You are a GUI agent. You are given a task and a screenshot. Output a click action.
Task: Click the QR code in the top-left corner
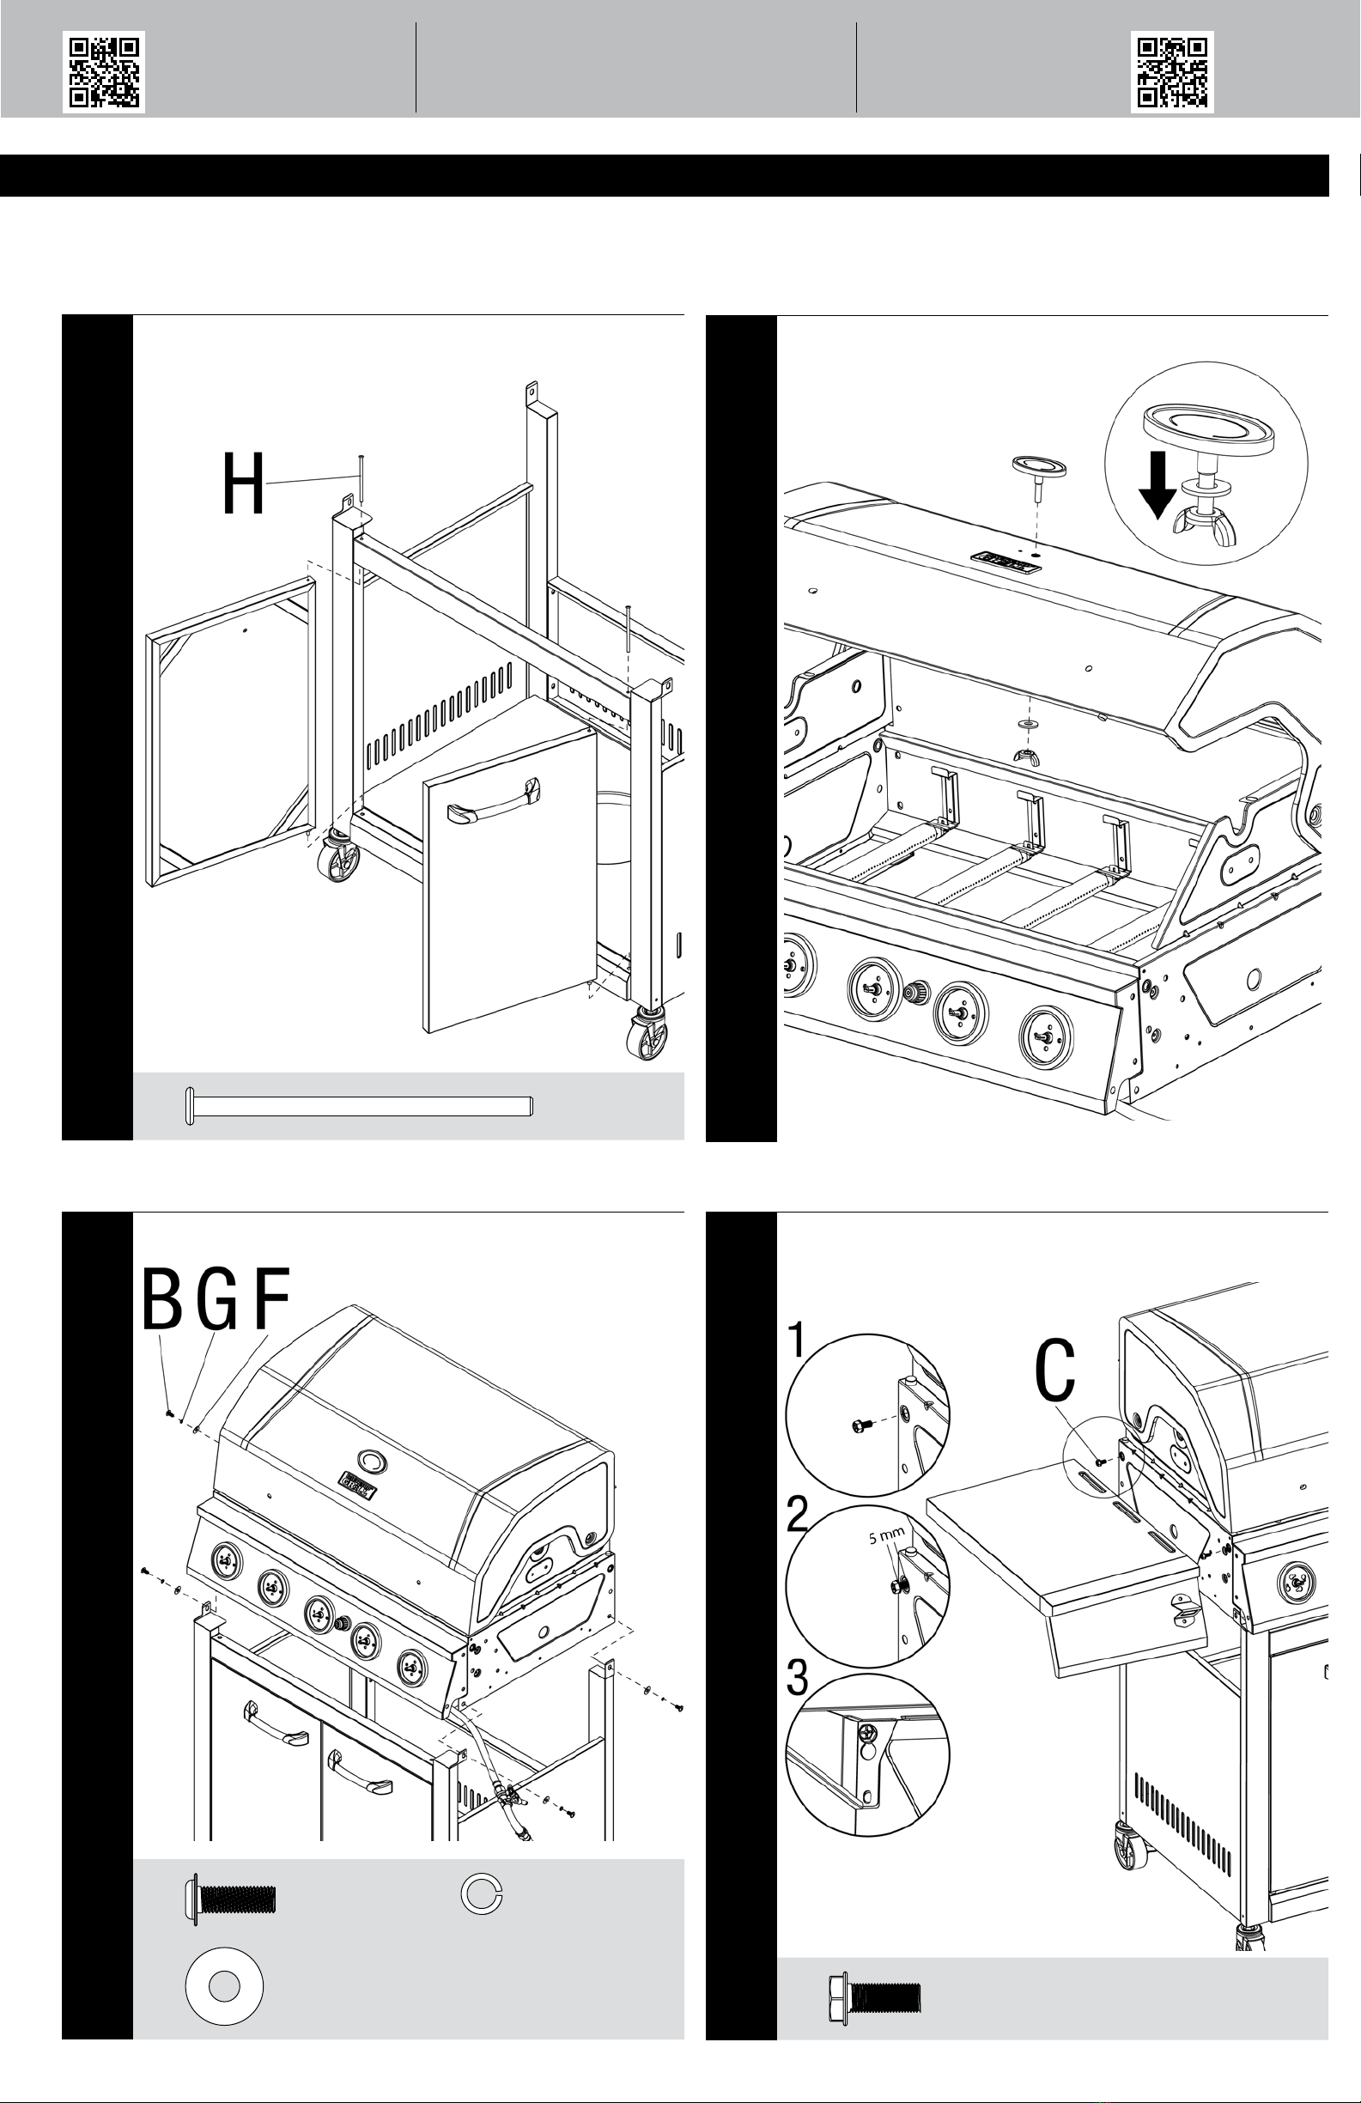(103, 72)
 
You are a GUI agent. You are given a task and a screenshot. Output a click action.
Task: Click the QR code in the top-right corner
(1172, 72)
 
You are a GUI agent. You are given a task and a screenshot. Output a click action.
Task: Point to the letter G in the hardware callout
(216, 1300)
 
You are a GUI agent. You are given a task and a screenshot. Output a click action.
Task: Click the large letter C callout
(1055, 1371)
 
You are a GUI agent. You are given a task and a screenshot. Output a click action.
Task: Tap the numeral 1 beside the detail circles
(797, 1340)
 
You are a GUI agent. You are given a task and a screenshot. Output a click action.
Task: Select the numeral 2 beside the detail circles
(797, 1516)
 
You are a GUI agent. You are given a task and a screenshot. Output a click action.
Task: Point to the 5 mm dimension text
(884, 1538)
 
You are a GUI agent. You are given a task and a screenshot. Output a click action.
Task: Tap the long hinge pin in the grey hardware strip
(358, 1105)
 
